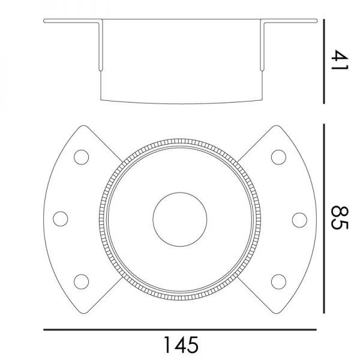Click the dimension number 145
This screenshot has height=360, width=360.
tap(181, 345)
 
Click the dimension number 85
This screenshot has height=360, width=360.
tap(340, 218)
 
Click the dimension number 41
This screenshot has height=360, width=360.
tap(340, 59)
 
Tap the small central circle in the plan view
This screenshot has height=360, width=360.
tap(180, 220)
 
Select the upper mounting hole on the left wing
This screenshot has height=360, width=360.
tap(81, 157)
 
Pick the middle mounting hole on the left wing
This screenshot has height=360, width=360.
tap(61, 219)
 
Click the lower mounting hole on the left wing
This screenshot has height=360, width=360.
tap(81, 282)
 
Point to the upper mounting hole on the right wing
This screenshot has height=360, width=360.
tap(278, 157)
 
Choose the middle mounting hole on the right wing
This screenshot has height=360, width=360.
tap(299, 220)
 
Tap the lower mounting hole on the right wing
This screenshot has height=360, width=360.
tap(278, 282)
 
